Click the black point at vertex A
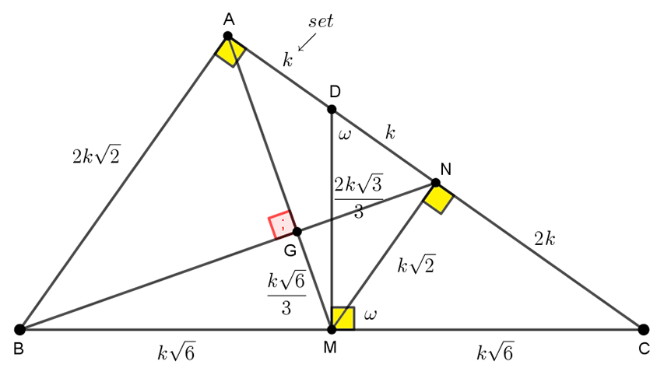point(228,36)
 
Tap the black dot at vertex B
point(19,329)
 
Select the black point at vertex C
point(643,329)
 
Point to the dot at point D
point(332,110)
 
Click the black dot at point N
point(435,183)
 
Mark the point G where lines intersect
point(297,232)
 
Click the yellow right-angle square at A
point(230,51)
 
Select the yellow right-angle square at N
point(438,198)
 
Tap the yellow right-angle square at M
point(343,318)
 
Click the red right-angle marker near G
point(282,225)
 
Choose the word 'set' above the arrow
point(321,21)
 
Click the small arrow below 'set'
point(307,42)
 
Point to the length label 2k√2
point(96,156)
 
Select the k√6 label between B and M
point(176,352)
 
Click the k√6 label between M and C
point(495,352)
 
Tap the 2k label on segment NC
point(545,239)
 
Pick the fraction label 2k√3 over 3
point(359,196)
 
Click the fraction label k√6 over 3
point(286,294)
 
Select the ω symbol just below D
point(345,135)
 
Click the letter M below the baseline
point(330,348)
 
